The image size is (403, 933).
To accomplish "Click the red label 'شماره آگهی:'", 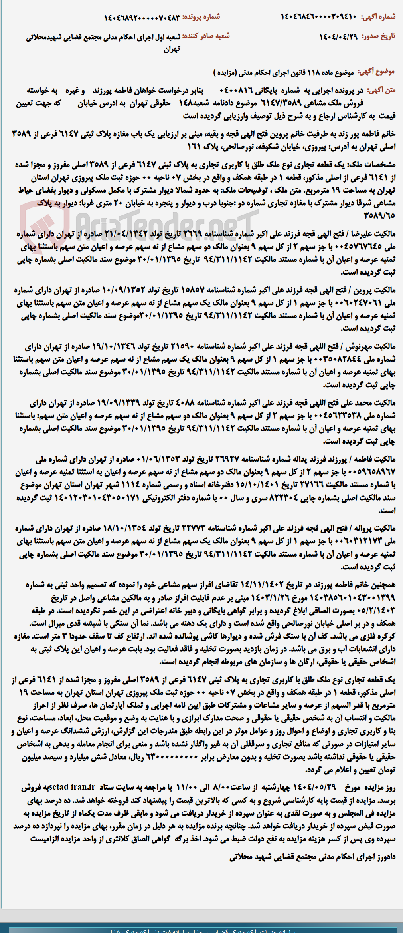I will [378, 17].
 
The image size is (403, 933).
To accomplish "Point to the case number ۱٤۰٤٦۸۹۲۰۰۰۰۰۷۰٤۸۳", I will [142, 18].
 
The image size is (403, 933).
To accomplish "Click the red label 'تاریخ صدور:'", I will [378, 36].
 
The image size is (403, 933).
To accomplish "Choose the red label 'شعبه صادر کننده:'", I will [206, 36].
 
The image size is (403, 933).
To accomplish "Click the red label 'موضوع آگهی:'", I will [377, 72].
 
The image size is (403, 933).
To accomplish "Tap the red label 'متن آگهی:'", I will [381, 90].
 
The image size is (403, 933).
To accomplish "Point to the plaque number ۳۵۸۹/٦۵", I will [379, 215].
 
